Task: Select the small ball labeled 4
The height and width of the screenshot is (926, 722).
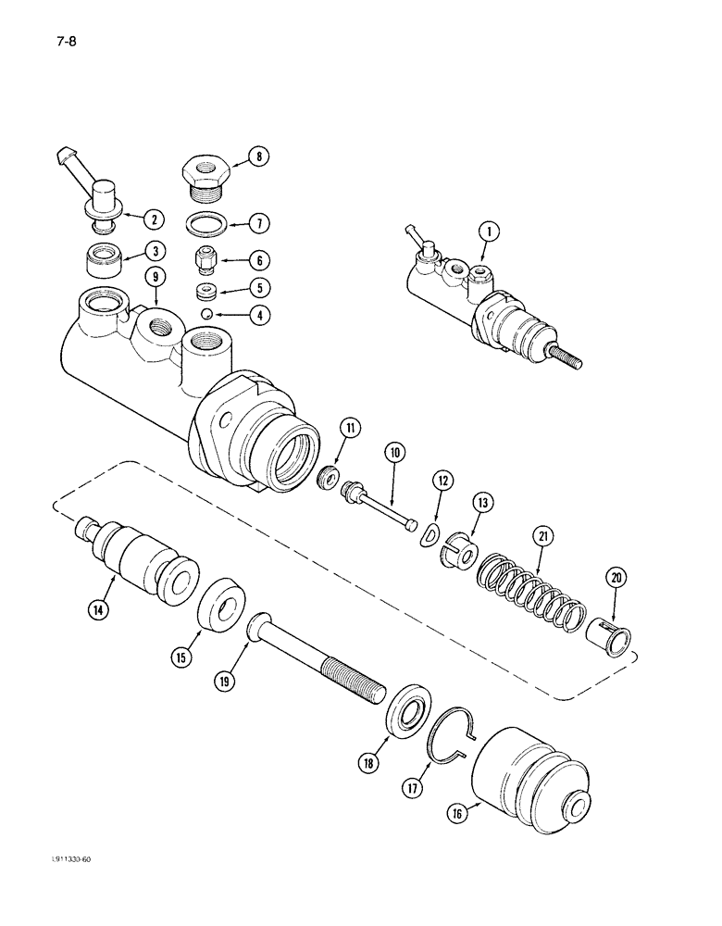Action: [210, 315]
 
